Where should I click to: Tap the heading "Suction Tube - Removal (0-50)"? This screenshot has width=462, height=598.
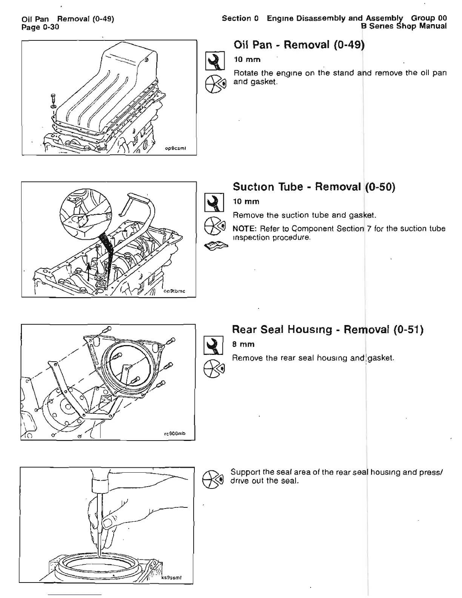[314, 187]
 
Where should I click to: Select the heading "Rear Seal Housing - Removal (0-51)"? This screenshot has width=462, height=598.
[328, 330]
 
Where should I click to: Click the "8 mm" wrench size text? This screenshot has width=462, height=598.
[243, 344]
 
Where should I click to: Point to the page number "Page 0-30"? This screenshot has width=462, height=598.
[40, 27]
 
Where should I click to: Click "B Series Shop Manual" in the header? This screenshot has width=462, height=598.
[403, 26]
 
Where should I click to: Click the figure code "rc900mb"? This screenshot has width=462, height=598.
[175, 434]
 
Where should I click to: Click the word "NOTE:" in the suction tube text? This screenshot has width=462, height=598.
[243, 229]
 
